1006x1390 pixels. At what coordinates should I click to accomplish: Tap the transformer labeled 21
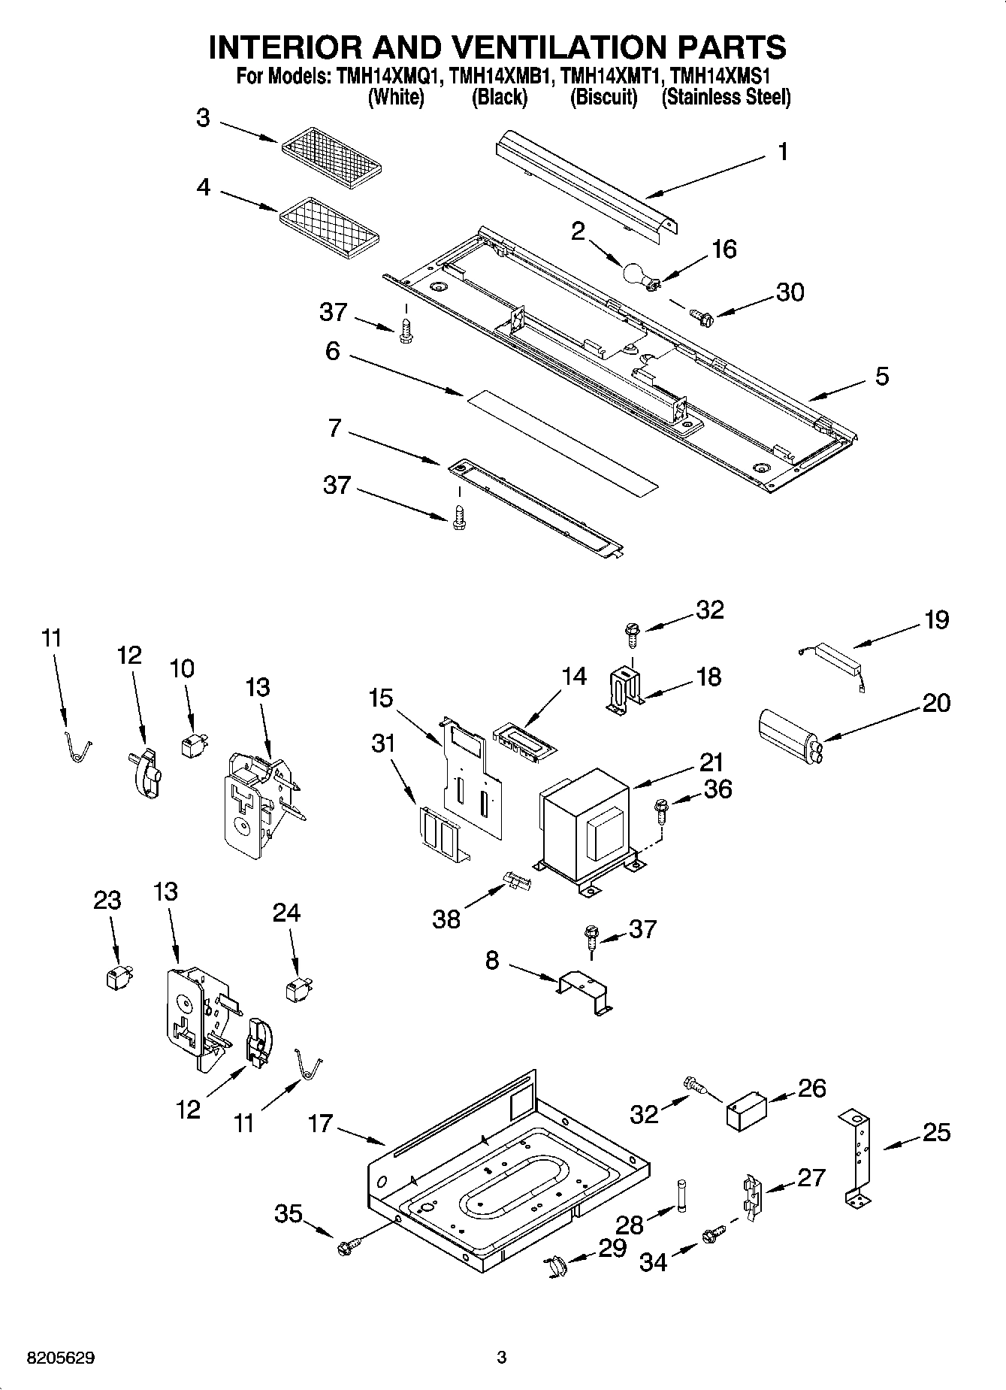[x=588, y=823]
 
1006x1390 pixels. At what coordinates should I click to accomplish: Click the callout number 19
[x=936, y=620]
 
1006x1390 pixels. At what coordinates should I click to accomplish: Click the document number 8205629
[x=61, y=1358]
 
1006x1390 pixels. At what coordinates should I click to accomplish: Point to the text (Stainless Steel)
[x=725, y=97]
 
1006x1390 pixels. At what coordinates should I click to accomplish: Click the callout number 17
[x=320, y=1124]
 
